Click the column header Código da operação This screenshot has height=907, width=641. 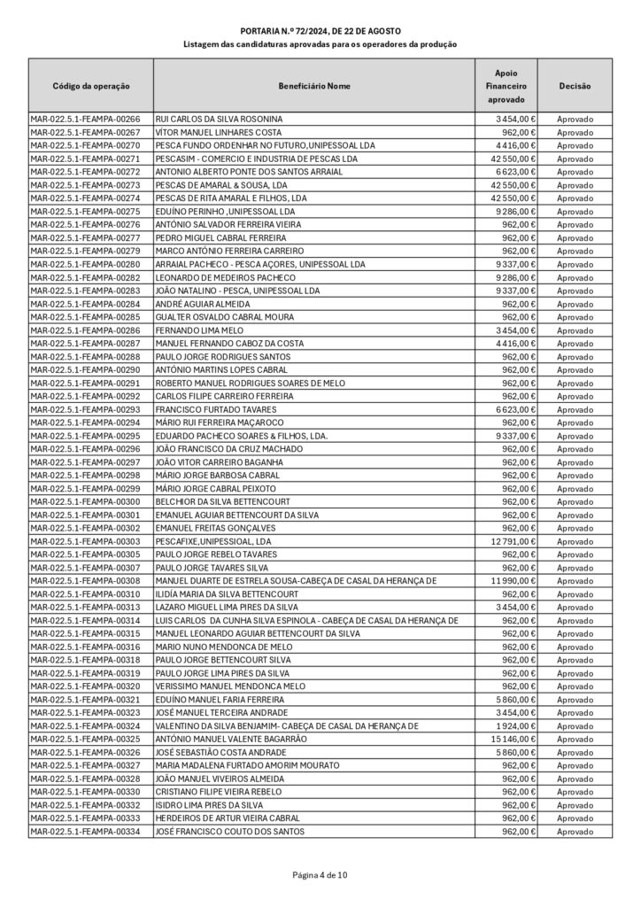tap(91, 86)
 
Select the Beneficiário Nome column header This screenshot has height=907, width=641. tap(313, 86)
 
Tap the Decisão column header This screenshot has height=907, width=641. tap(575, 86)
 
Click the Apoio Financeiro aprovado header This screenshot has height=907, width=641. tap(506, 86)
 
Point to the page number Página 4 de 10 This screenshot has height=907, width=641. tap(320, 875)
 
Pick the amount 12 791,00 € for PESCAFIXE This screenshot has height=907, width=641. tap(508, 541)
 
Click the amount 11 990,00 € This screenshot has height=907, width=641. tap(508, 581)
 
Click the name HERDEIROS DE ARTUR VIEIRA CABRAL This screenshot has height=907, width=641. tap(228, 818)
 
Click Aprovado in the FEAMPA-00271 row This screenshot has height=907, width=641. tap(575, 159)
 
